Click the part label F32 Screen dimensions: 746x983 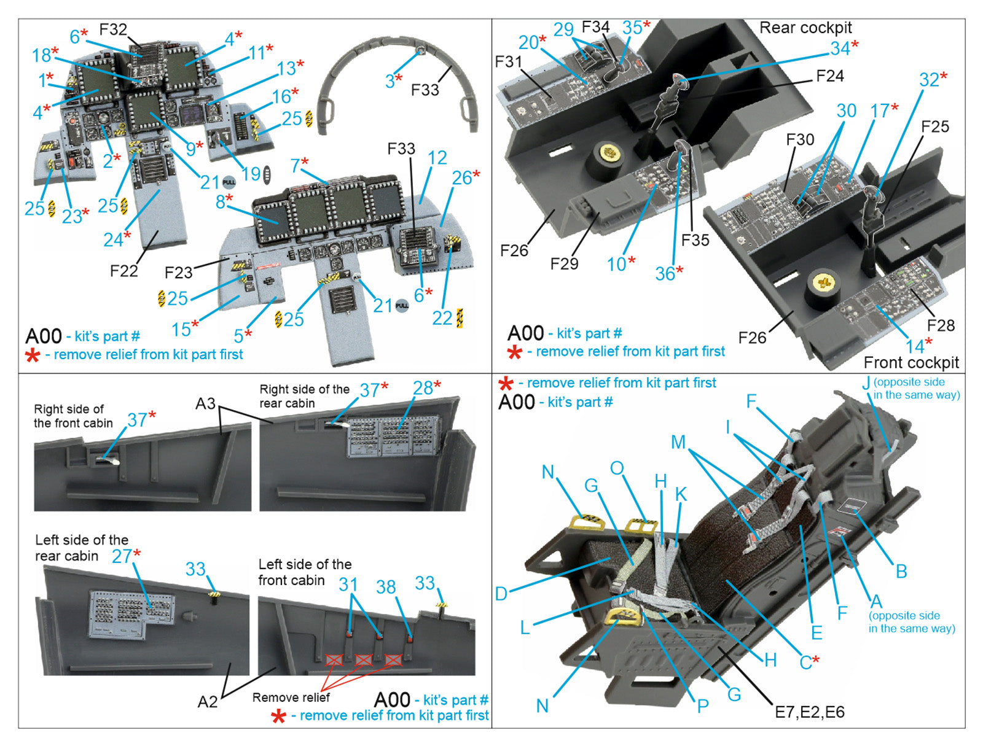[113, 29]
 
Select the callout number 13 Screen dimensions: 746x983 [286, 68]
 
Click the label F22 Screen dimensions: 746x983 [123, 271]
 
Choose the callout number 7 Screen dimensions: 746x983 [296, 165]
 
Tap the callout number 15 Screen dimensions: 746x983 [181, 330]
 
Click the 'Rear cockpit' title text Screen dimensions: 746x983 [805, 28]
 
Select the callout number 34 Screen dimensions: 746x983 [840, 49]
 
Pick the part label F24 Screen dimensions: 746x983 [829, 76]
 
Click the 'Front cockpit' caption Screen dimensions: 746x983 [911, 362]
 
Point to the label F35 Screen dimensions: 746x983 [695, 240]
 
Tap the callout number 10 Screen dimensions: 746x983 [616, 264]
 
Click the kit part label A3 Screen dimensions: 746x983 [205, 403]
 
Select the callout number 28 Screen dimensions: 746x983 [423, 388]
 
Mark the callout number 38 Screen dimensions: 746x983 [385, 587]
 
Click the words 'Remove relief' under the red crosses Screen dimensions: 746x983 [291, 697]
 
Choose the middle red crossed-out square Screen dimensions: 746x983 [364, 660]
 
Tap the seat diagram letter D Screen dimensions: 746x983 [501, 594]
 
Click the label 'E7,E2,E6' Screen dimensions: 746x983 [809, 712]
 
